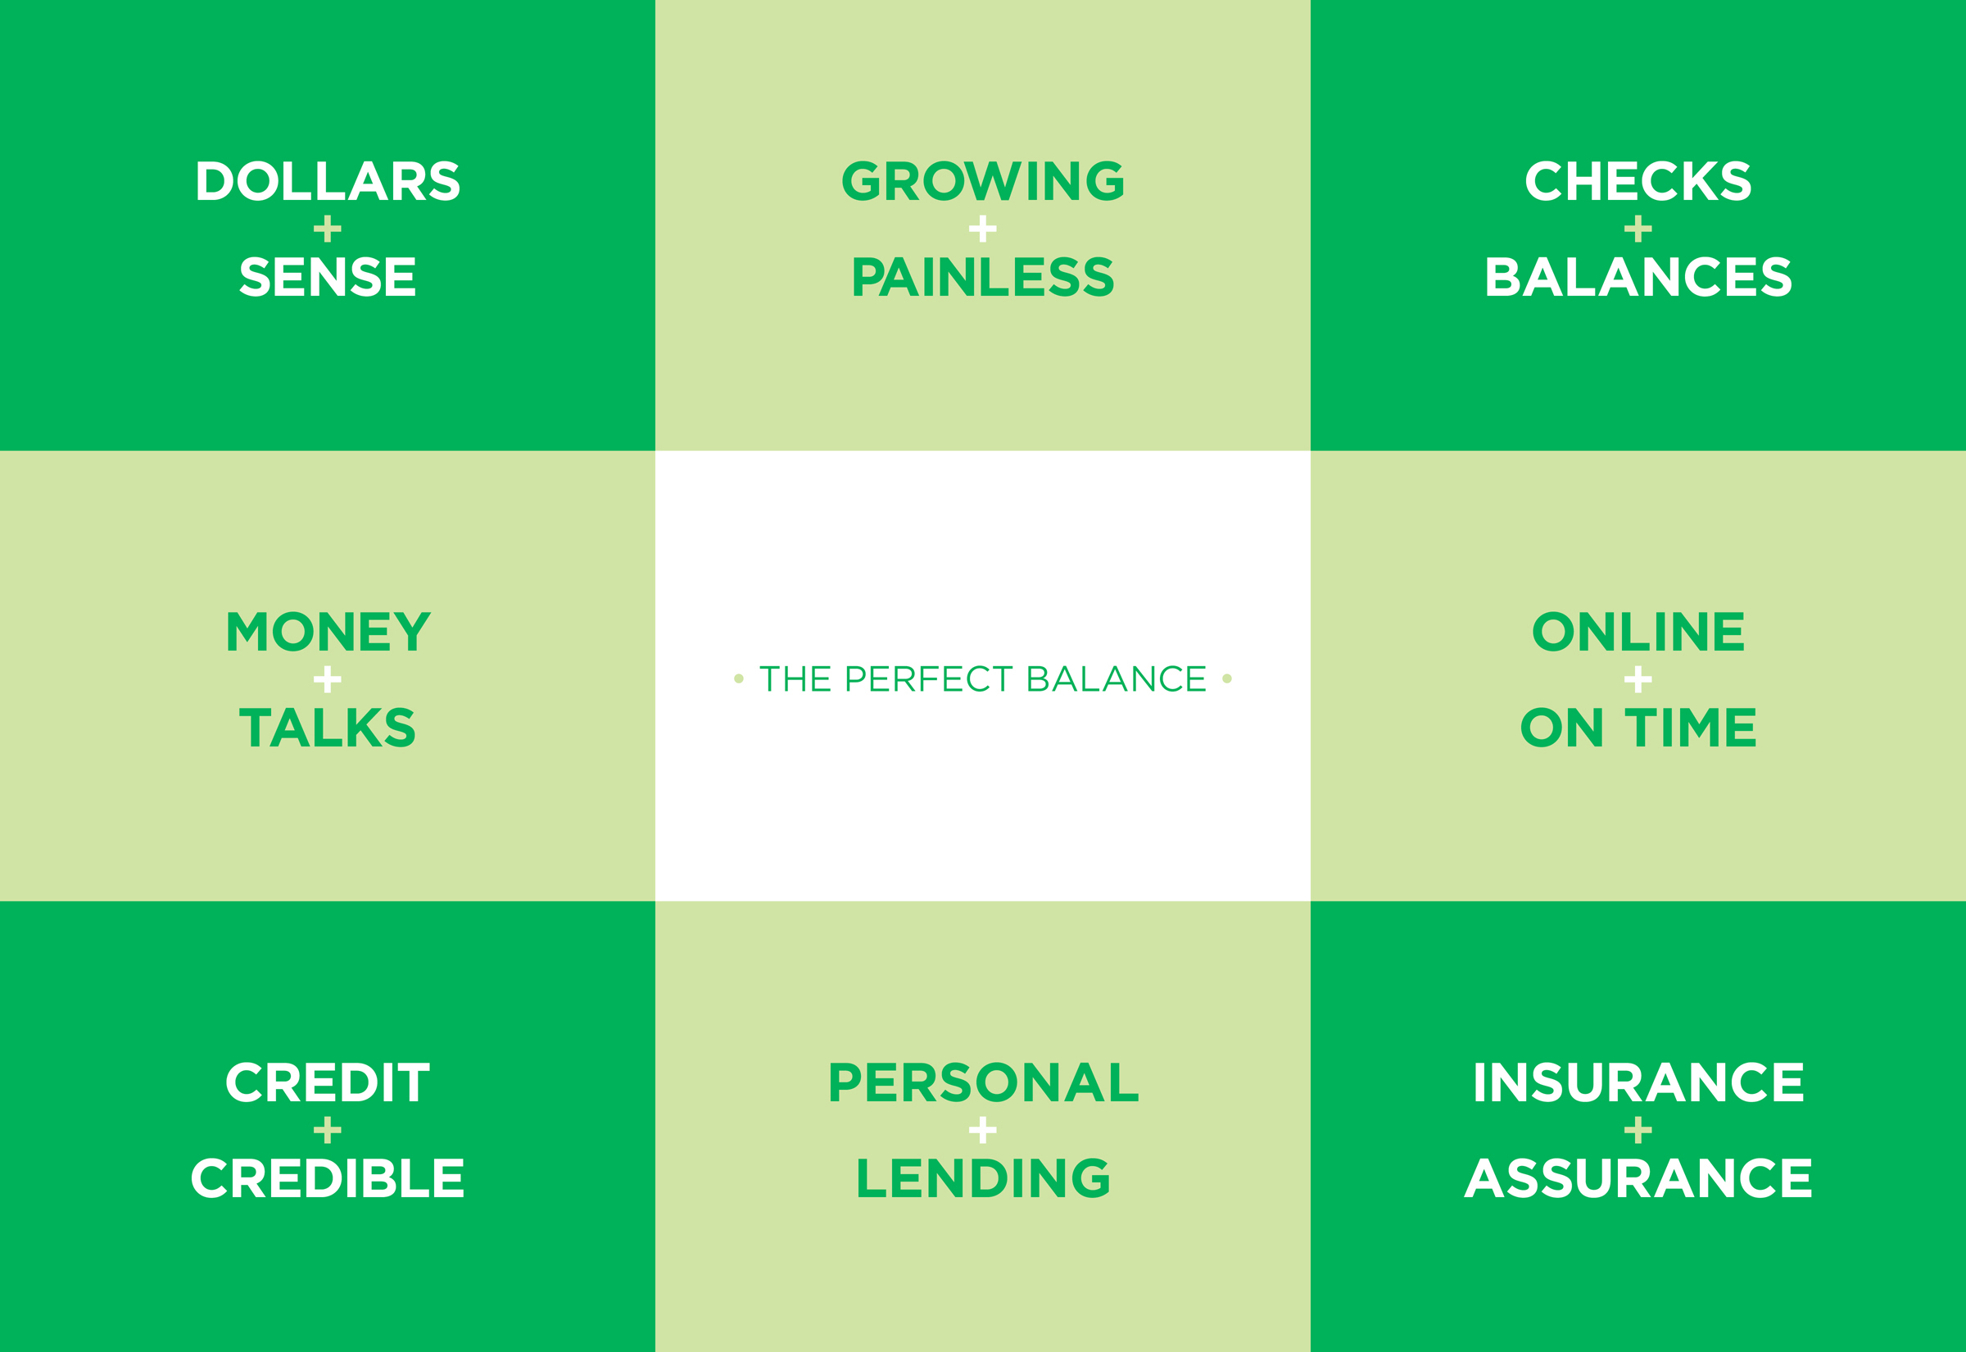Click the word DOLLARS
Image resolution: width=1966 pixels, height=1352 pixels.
[x=328, y=181]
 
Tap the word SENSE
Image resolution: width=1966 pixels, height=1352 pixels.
[x=328, y=277]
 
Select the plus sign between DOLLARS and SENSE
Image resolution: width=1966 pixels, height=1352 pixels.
[x=328, y=229]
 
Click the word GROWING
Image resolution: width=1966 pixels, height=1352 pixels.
[x=983, y=181]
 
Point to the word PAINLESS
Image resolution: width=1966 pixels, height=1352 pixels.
[x=983, y=277]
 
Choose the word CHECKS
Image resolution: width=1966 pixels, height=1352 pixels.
[x=1638, y=181]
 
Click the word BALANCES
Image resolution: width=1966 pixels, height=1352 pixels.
[x=1638, y=277]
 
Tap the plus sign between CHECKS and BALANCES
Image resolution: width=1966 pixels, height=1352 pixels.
[x=1638, y=229]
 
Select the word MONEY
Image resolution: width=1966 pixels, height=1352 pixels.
[x=328, y=632]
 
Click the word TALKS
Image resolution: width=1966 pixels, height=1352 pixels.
[x=328, y=728]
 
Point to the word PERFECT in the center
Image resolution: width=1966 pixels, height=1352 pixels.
[x=929, y=678]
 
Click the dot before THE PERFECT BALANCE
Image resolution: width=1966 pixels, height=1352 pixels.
[x=738, y=678]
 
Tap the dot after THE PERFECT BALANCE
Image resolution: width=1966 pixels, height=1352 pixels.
[x=1227, y=678]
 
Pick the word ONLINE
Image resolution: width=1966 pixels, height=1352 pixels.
[x=1638, y=632]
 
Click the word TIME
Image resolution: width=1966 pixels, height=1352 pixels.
[x=1691, y=728]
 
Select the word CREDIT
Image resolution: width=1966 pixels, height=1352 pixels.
[x=328, y=1082]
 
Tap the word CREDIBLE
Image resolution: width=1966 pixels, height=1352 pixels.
[x=328, y=1178]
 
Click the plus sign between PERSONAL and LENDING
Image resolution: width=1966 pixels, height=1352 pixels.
[x=983, y=1130]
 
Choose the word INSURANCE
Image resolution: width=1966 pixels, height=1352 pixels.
[x=1638, y=1082]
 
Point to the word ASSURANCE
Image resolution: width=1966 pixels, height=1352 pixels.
[x=1638, y=1178]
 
